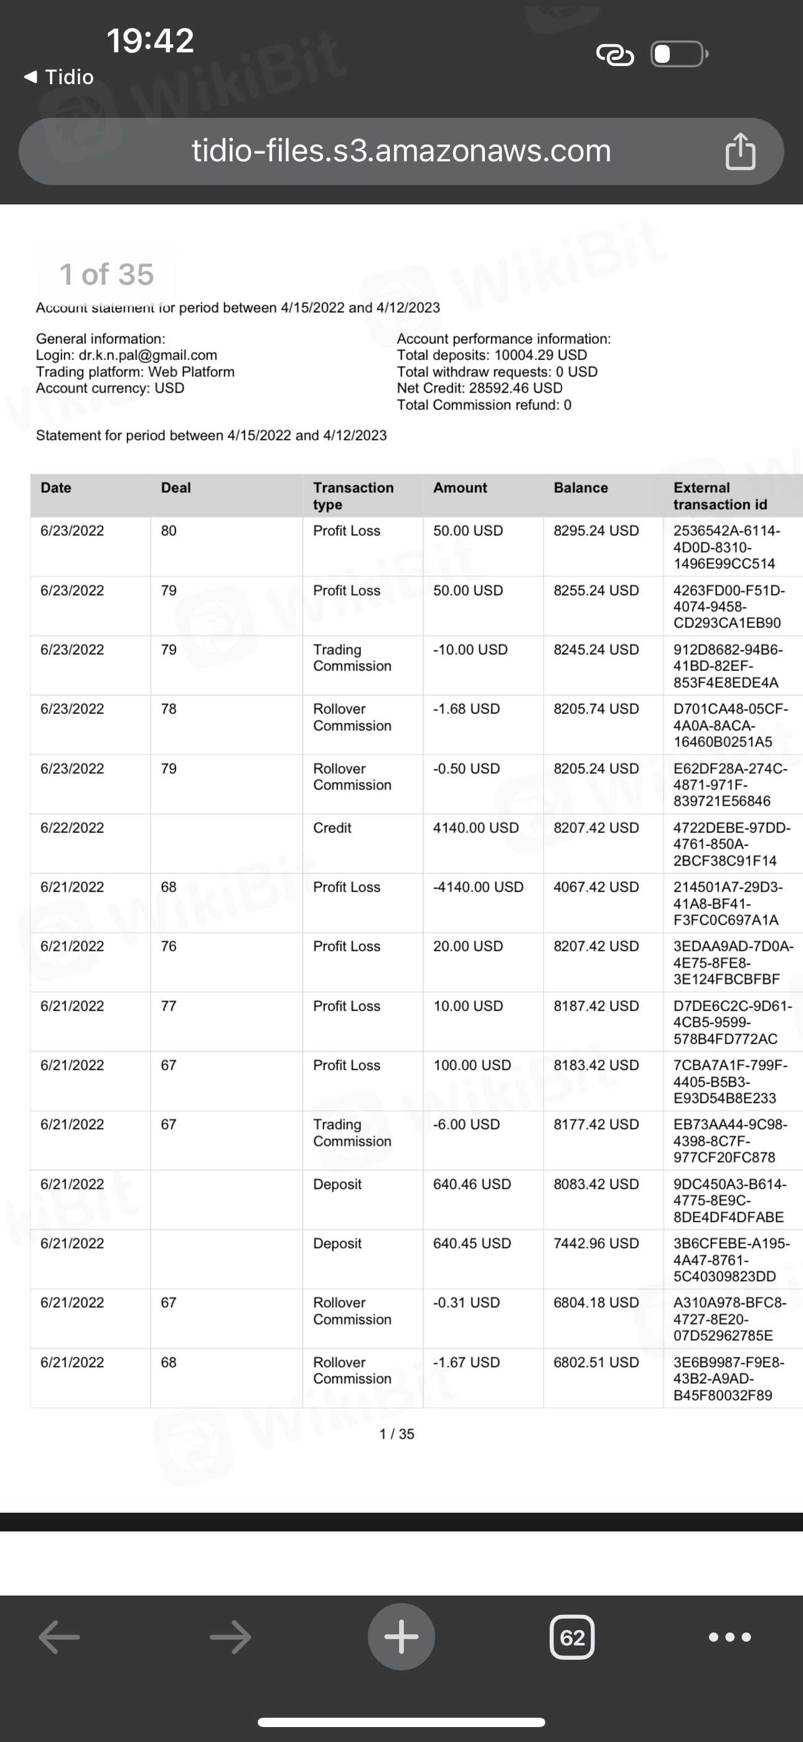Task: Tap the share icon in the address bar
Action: click(x=740, y=151)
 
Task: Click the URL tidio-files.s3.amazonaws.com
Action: click(x=401, y=151)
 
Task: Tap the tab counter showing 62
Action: click(x=572, y=1637)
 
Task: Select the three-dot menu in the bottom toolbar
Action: click(x=730, y=1637)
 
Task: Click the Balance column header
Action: click(x=581, y=488)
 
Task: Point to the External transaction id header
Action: click(x=720, y=496)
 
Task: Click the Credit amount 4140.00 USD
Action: click(x=476, y=828)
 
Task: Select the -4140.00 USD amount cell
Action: click(x=478, y=887)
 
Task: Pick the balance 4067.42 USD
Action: click(x=596, y=887)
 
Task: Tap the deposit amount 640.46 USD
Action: click(x=472, y=1184)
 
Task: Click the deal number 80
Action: click(x=168, y=531)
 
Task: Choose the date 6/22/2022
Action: click(x=72, y=828)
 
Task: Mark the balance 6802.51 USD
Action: click(x=596, y=1362)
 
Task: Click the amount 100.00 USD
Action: click(x=472, y=1065)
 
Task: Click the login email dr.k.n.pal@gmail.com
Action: click(x=148, y=355)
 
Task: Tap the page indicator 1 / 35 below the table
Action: click(x=397, y=1434)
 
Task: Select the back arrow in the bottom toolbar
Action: click(x=60, y=1637)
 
